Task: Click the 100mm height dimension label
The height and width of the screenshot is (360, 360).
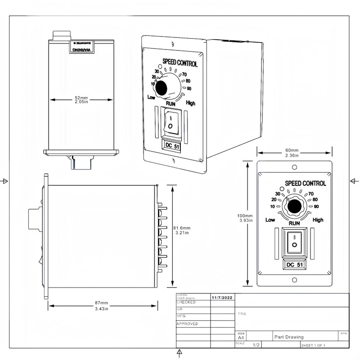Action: pos(245,218)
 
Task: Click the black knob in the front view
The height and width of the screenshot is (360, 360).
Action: pos(294,207)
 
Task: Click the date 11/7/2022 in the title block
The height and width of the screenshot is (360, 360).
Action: pos(222,297)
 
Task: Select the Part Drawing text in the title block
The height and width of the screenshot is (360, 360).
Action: pos(289,337)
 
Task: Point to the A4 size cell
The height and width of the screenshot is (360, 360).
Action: pos(241,337)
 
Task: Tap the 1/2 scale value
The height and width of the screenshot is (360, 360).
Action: pos(256,345)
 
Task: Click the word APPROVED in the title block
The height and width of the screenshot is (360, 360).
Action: pos(187,324)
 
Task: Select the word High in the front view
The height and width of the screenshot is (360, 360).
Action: pos(318,220)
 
